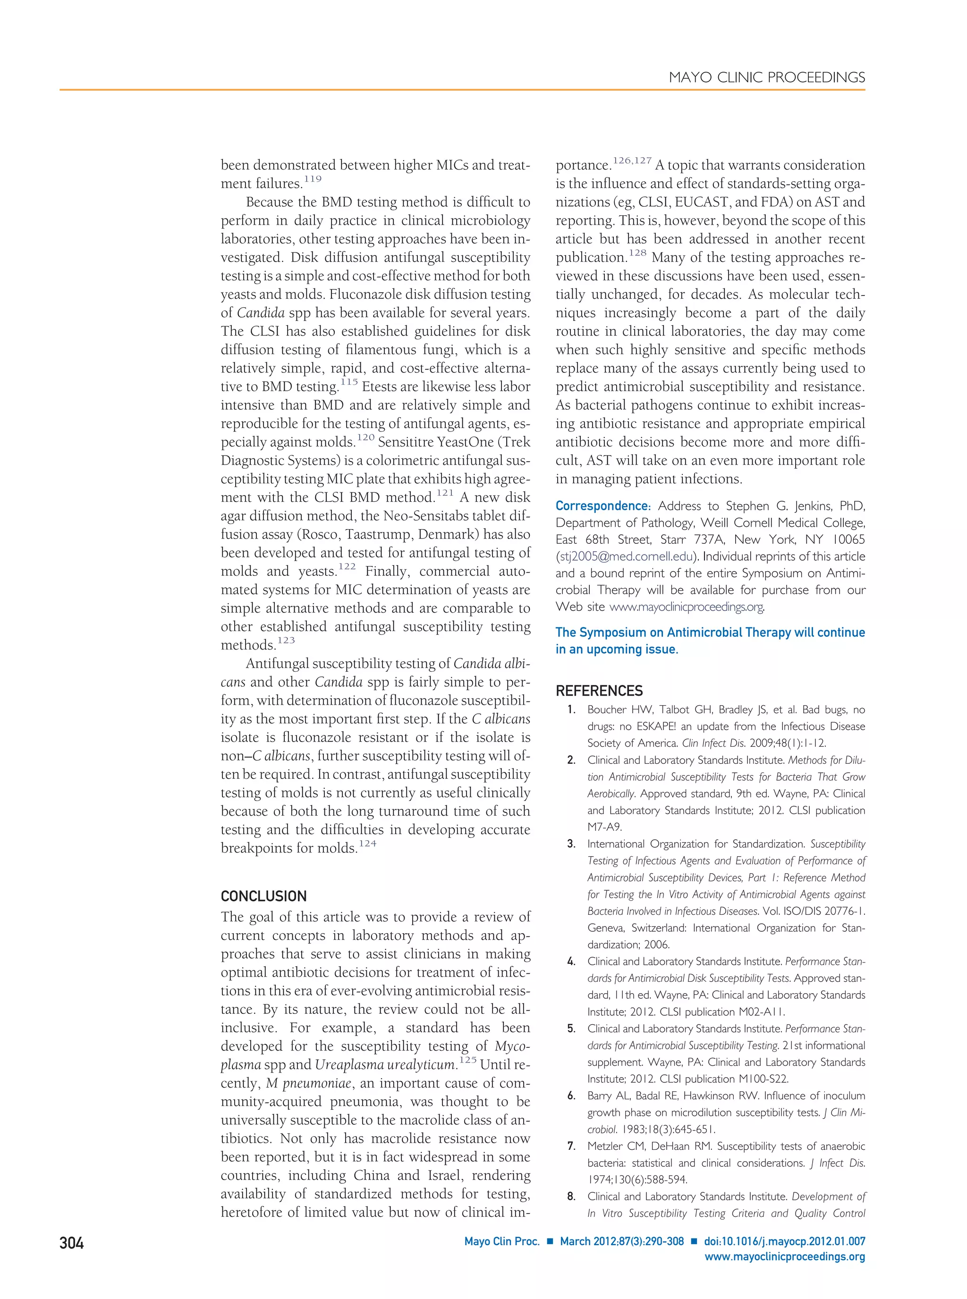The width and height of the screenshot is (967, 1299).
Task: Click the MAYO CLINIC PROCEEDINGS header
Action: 767,78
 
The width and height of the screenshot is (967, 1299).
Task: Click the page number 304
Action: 71,1243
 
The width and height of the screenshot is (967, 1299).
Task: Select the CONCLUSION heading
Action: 263,896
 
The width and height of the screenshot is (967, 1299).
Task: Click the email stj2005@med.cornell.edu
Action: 626,557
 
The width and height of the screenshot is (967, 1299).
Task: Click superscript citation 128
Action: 638,253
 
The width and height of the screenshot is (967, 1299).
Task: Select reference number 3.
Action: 571,844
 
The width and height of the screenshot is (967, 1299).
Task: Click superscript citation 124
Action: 368,844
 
